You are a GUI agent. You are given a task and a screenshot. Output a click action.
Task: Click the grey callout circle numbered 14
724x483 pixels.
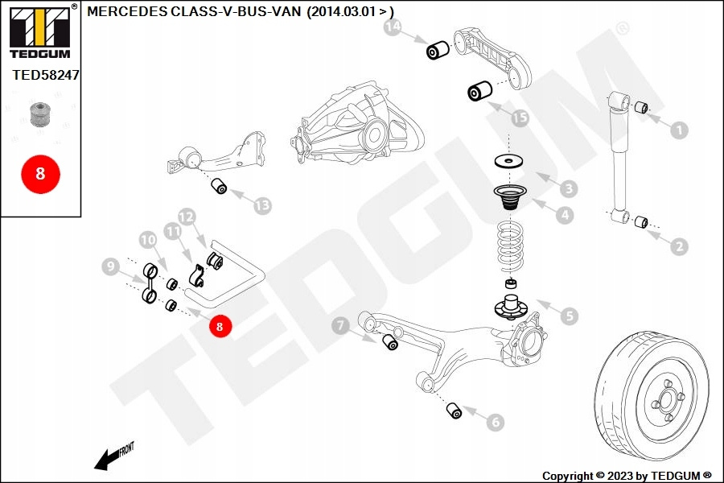click(392, 29)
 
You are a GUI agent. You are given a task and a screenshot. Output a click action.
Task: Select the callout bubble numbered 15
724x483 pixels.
click(520, 118)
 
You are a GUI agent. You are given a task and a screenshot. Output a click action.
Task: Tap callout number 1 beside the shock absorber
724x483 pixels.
click(680, 130)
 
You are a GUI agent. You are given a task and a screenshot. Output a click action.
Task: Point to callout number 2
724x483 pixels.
click(680, 246)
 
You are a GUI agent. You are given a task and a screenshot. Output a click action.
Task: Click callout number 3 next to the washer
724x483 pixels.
click(569, 189)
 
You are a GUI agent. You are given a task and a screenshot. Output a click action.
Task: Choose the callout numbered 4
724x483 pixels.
click(566, 215)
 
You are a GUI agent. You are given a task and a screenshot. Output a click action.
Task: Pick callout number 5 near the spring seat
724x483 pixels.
click(570, 316)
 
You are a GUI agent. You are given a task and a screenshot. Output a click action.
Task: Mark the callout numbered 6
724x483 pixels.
click(495, 420)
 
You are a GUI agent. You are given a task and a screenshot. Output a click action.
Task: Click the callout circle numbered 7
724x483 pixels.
click(341, 325)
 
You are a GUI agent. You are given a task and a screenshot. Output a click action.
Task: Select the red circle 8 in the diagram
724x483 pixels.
click(219, 326)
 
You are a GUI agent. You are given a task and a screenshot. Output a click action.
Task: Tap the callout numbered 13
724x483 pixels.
click(262, 205)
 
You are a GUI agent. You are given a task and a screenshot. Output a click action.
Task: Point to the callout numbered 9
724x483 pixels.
click(111, 266)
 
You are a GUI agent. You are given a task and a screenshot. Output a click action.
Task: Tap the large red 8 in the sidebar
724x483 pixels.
click(40, 173)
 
